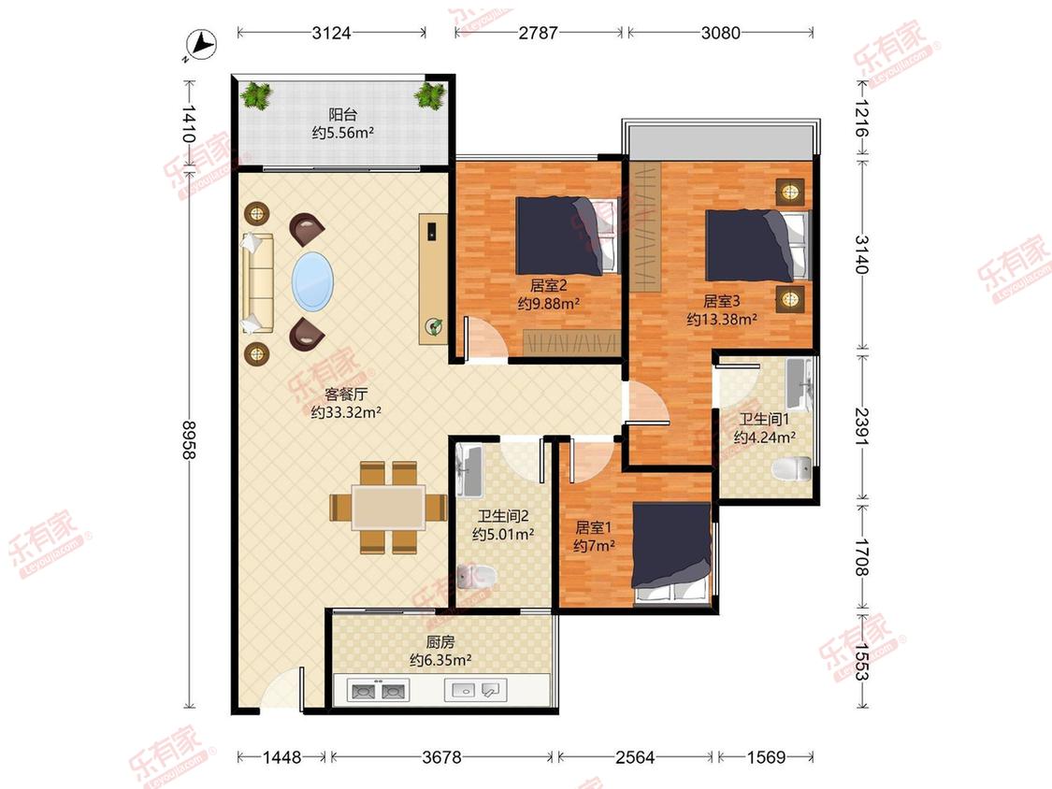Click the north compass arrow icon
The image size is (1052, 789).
click(200, 44)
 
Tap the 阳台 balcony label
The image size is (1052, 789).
click(342, 115)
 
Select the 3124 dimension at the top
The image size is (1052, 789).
click(331, 32)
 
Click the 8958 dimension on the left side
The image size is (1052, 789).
click(189, 440)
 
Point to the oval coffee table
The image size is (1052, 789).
click(312, 281)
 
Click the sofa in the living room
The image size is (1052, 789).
click(258, 283)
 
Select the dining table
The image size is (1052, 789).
click(388, 508)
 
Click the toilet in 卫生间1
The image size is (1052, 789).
click(792, 468)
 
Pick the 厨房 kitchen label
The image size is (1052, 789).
click(440, 642)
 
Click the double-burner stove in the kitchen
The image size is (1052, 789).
click(378, 690)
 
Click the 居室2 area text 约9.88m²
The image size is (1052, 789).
click(549, 303)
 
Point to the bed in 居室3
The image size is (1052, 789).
click(758, 245)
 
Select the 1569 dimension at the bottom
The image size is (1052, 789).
click(766, 757)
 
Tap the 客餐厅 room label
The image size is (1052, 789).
click(346, 394)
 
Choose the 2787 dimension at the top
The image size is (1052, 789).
click(538, 32)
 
